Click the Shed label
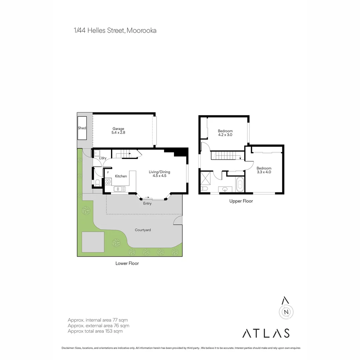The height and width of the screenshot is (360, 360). point(82,128)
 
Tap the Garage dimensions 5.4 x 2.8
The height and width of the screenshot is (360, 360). point(118,133)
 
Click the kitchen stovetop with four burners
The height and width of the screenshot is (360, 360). point(108,182)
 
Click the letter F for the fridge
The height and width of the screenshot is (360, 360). point(108,172)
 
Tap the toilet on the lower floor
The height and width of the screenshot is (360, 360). point(97,183)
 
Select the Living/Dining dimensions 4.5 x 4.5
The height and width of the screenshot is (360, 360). point(159,176)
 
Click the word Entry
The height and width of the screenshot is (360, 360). point(147,203)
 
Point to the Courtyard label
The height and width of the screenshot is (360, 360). point(143,230)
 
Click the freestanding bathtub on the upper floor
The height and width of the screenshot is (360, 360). point(240,185)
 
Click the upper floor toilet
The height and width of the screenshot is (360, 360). point(204,189)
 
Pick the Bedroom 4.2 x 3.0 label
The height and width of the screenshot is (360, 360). point(225,133)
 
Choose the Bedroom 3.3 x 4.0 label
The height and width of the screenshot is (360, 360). point(264,170)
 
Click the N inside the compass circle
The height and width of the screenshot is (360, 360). point(286,312)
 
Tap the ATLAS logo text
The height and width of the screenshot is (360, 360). point(266,333)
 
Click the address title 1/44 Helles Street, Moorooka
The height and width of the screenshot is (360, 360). point(115,31)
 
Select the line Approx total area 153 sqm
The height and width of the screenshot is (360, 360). point(95,331)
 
